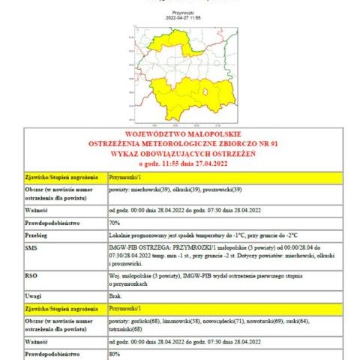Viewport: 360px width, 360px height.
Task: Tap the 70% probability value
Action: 115,223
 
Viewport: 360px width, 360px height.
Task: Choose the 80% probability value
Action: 115,352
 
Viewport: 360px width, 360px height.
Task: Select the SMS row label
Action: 31,247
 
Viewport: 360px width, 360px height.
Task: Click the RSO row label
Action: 31,275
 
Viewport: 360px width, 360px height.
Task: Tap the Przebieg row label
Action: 37,235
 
